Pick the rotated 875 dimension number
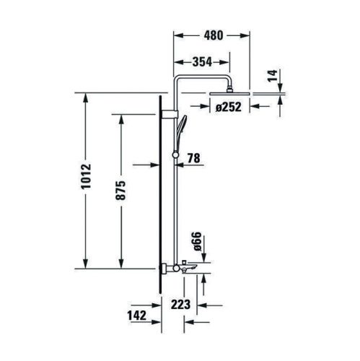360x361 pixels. pyautogui.click(x=120, y=190)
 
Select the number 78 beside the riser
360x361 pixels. pyautogui.click(x=193, y=158)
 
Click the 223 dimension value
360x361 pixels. pyautogui.click(x=183, y=304)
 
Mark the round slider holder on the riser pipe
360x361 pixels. pyautogui.click(x=174, y=155)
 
